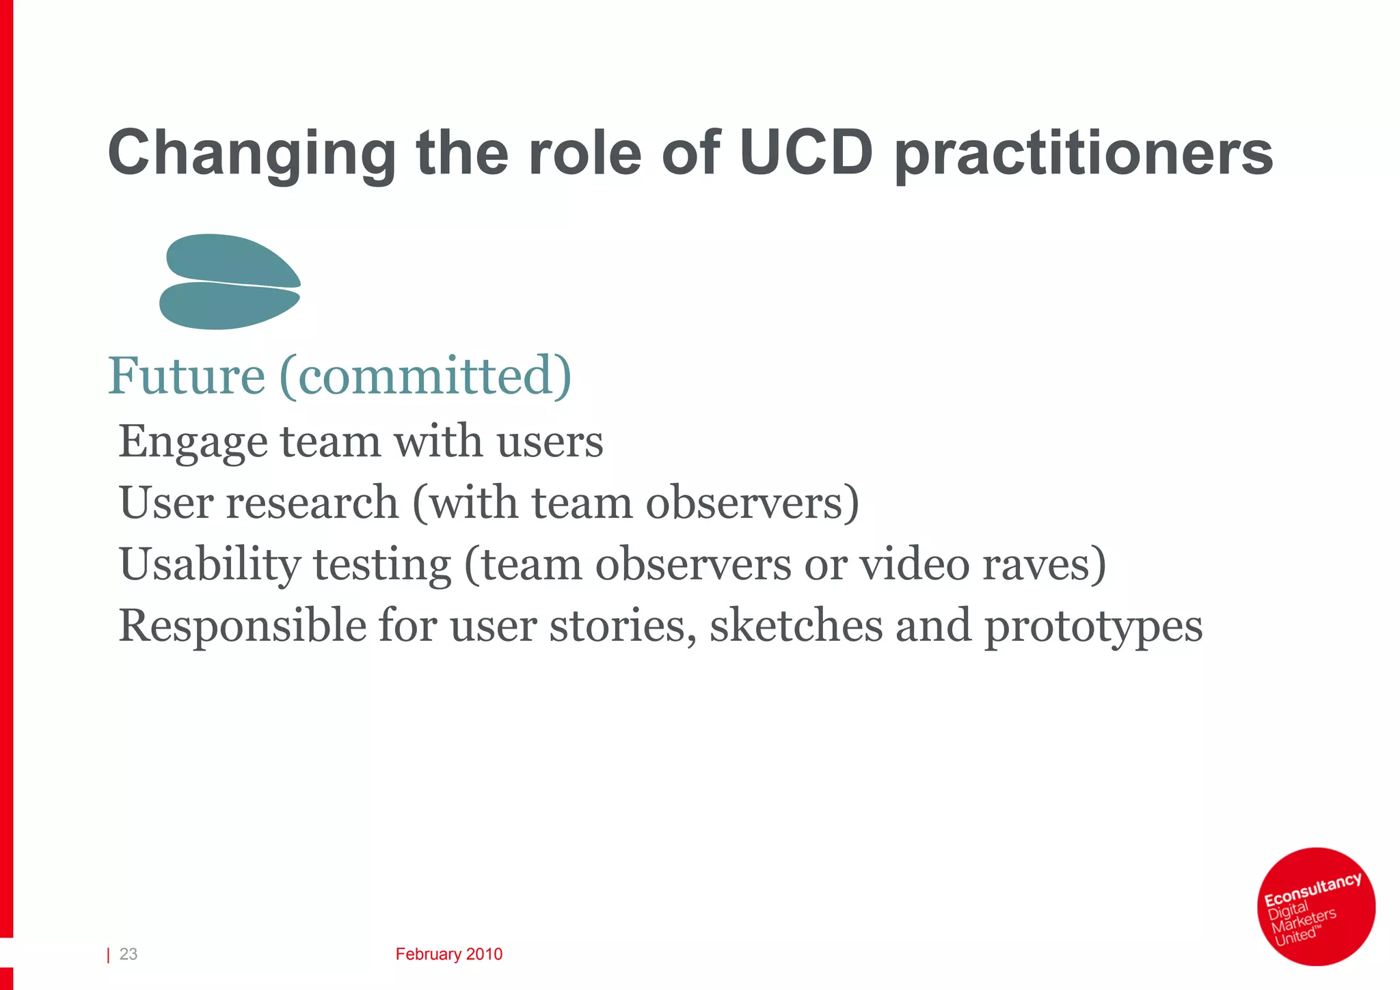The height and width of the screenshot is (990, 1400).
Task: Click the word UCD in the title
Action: pyautogui.click(x=806, y=152)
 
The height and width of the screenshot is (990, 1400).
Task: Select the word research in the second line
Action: pyautogui.click(x=312, y=502)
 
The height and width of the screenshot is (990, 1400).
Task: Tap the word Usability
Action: pyautogui.click(x=210, y=565)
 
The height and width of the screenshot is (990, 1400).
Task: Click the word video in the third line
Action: pyautogui.click(x=914, y=564)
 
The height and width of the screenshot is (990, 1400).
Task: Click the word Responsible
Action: pyautogui.click(x=242, y=626)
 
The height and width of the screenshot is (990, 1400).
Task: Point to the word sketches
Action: pyautogui.click(x=796, y=625)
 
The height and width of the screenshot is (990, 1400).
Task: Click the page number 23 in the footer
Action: pyautogui.click(x=129, y=954)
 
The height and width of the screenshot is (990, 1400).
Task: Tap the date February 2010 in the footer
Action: pyautogui.click(x=448, y=954)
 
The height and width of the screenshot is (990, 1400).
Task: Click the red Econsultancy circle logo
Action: pyautogui.click(x=1316, y=906)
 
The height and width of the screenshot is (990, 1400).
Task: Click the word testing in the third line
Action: pyautogui.click(x=382, y=565)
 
